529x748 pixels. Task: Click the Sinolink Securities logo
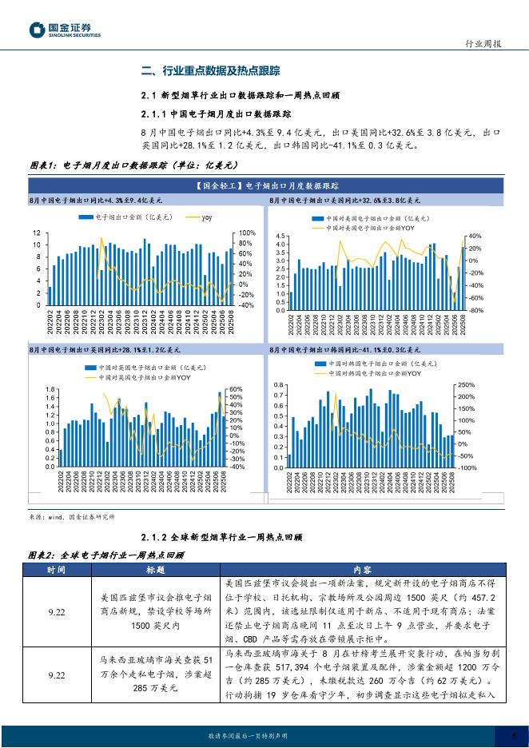point(65,31)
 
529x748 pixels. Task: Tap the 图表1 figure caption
point(134,165)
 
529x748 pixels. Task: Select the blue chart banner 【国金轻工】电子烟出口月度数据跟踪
point(264,186)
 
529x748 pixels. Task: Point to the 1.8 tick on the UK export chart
point(50,389)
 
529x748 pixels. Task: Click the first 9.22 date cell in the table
point(56,612)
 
